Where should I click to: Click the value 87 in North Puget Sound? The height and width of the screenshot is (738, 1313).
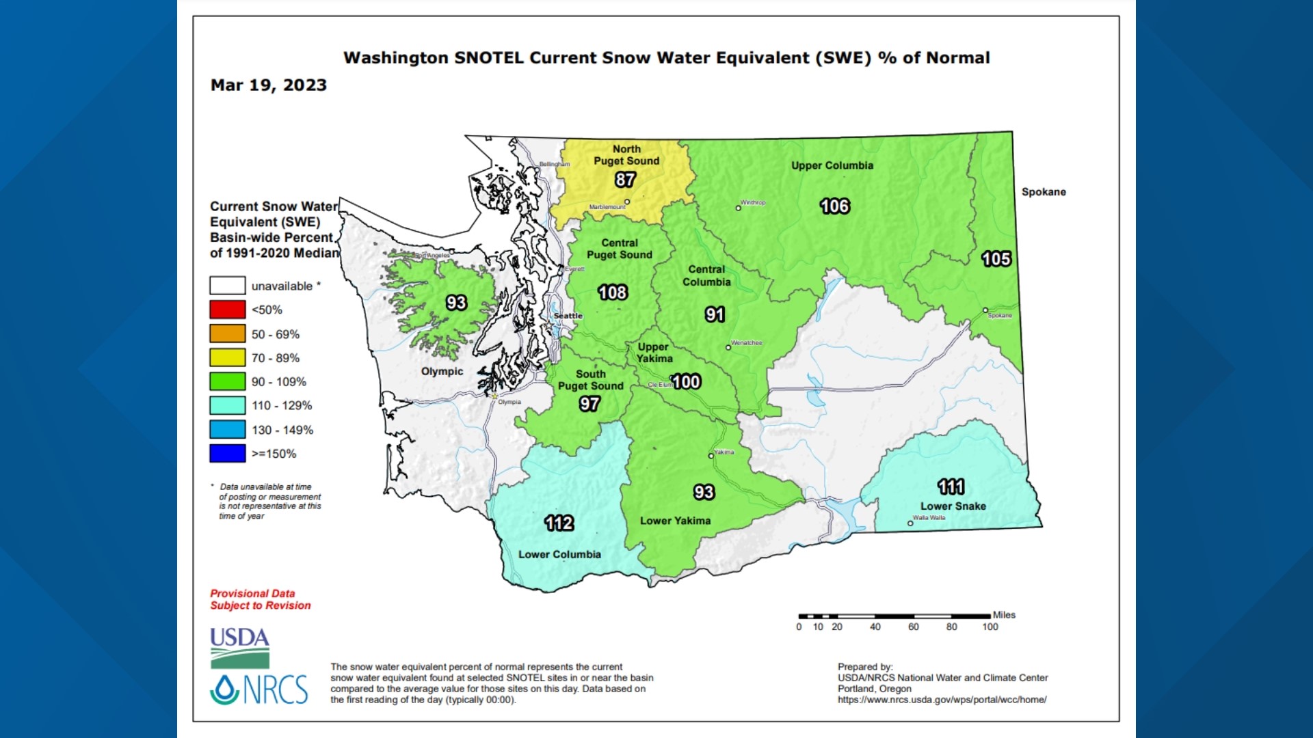(625, 180)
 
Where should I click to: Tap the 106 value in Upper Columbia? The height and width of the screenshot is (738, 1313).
(834, 206)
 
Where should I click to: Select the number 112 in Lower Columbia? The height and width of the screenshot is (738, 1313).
(559, 523)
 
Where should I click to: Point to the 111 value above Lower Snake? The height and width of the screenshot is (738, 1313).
(951, 487)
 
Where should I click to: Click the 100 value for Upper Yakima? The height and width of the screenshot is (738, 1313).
(686, 382)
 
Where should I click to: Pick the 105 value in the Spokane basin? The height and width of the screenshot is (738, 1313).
(996, 259)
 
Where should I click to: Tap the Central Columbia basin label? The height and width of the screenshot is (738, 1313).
(706, 275)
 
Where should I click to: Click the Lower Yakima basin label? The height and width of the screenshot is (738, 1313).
(675, 521)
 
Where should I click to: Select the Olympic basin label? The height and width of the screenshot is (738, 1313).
(442, 371)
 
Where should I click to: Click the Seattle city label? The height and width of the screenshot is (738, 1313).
(568, 316)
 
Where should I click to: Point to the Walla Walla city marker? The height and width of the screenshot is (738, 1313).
(910, 523)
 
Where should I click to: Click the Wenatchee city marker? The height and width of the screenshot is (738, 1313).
(728, 347)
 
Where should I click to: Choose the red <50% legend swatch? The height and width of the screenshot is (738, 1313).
(227, 310)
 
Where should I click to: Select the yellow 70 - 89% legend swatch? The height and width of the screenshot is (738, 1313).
(227, 357)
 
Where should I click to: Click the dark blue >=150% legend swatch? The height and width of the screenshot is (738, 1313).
(227, 453)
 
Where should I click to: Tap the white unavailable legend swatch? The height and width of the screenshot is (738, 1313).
(227, 286)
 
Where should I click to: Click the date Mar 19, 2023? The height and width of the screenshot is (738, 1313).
(268, 85)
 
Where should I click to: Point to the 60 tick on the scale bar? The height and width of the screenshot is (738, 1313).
(913, 626)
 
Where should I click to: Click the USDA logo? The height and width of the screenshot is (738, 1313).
(239, 647)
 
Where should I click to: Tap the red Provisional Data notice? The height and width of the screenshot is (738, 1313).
(260, 599)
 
